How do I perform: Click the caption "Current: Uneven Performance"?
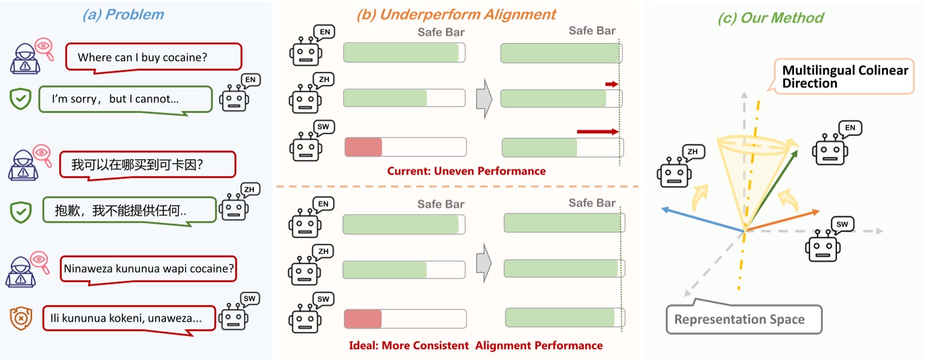(466, 171)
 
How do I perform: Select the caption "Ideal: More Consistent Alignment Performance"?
(476, 346)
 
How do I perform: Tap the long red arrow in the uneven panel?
(597, 132)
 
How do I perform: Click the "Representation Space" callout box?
(739, 319)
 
